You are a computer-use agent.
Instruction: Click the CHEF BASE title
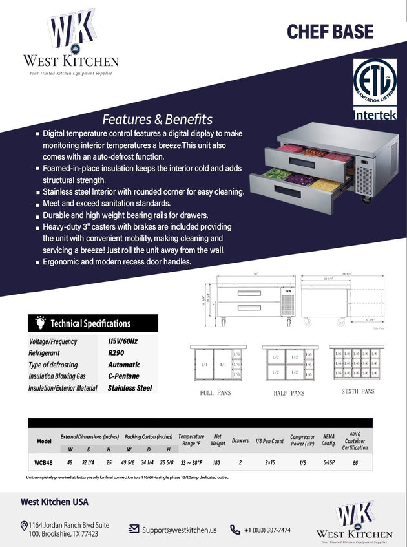pyautogui.click(x=330, y=31)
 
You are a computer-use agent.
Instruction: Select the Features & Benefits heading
pyautogui.click(x=157, y=119)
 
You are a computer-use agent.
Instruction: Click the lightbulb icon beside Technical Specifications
pyautogui.click(x=40, y=323)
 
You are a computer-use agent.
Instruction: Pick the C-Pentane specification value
pyautogui.click(x=123, y=376)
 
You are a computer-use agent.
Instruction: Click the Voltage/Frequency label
pyautogui.click(x=53, y=341)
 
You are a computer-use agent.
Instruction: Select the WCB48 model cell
pyautogui.click(x=44, y=462)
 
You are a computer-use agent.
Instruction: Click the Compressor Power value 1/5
pyautogui.click(x=303, y=462)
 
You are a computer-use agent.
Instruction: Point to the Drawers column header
pyautogui.click(x=240, y=440)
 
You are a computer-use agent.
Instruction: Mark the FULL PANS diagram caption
pyautogui.click(x=215, y=392)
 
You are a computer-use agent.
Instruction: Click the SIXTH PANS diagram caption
pyautogui.click(x=358, y=392)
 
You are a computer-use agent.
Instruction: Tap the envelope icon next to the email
pyautogui.click(x=134, y=529)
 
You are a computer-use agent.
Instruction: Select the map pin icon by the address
pyautogui.click(x=23, y=526)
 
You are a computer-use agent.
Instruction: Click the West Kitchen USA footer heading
pyautogui.click(x=54, y=501)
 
